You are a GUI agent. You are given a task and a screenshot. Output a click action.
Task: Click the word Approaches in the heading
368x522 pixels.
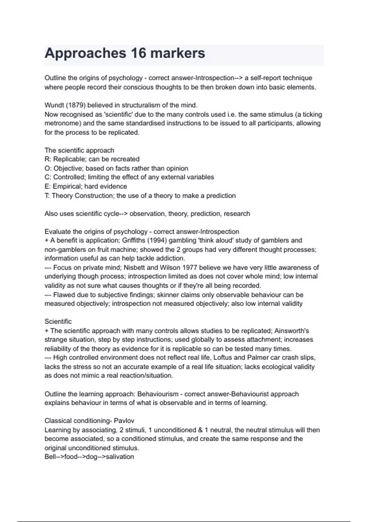click(x=85, y=53)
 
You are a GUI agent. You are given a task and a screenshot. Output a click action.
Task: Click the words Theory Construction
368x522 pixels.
click(x=82, y=196)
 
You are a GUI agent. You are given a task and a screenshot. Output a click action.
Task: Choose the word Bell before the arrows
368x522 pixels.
click(x=50, y=457)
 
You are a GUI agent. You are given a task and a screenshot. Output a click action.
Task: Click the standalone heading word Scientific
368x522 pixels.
click(x=58, y=321)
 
